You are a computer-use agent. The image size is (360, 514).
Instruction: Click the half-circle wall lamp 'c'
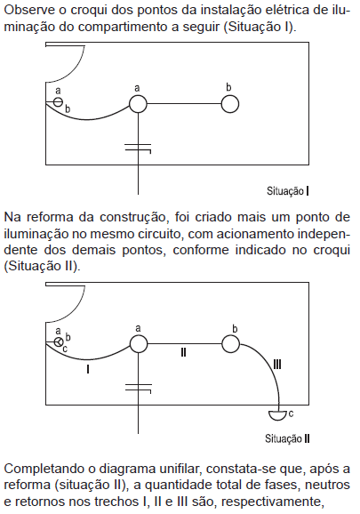click(x=278, y=415)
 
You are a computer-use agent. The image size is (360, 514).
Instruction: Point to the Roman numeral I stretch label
click(x=88, y=369)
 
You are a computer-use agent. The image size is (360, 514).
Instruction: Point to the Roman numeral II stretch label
click(x=183, y=352)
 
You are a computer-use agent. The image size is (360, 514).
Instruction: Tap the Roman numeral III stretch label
click(x=277, y=365)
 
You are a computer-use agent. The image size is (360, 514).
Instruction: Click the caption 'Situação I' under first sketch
click(x=288, y=191)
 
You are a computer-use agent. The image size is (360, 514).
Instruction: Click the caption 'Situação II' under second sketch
click(x=287, y=438)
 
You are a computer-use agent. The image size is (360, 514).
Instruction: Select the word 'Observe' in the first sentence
click(x=29, y=10)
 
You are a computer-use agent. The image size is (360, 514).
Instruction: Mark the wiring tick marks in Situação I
click(x=138, y=148)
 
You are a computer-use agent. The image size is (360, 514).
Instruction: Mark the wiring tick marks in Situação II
click(x=139, y=388)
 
